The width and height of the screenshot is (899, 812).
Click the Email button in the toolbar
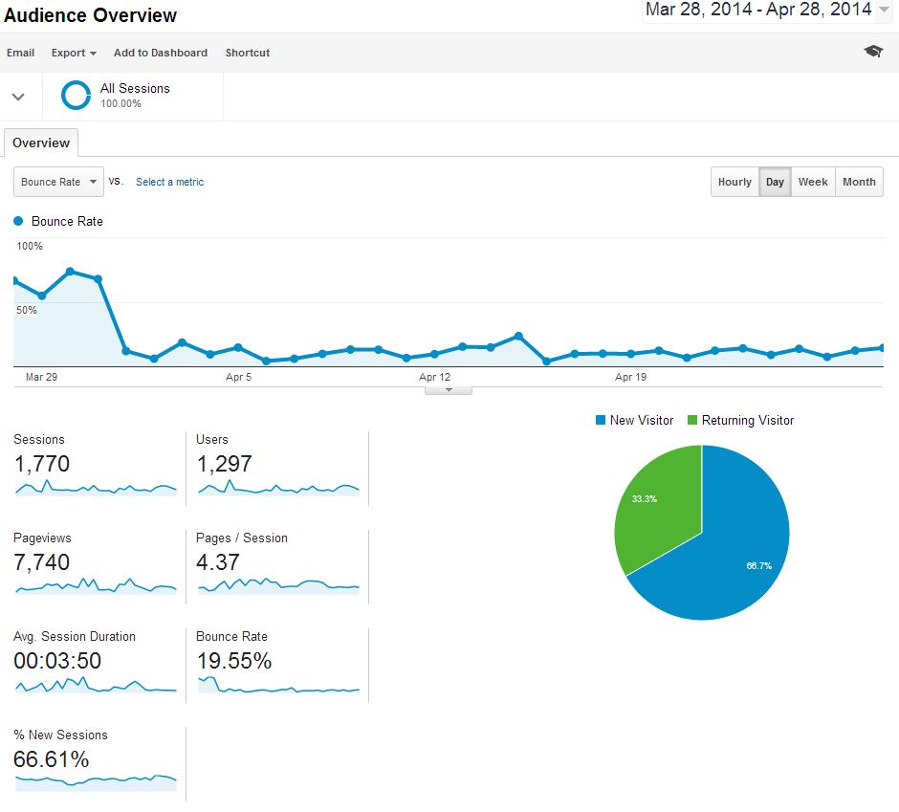point(20,53)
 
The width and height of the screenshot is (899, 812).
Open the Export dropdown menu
point(74,53)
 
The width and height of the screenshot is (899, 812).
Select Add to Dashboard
point(160,53)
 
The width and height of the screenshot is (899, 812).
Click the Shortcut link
point(248,53)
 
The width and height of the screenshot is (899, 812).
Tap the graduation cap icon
point(873,52)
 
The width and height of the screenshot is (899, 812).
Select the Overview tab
point(41,143)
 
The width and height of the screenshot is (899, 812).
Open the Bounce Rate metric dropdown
point(59,182)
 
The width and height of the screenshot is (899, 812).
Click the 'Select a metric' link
point(169,182)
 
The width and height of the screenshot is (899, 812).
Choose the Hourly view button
point(735,182)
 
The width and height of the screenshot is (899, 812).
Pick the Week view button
point(813,182)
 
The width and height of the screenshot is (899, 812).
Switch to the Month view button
point(859,182)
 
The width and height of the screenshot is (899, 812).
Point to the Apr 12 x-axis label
point(434,377)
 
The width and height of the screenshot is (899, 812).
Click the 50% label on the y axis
point(27,310)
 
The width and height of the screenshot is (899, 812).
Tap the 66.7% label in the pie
point(758,565)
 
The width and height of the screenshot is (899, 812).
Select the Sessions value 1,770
point(41,465)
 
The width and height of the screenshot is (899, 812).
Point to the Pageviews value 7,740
point(41,562)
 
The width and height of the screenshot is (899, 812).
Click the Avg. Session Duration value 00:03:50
point(57,661)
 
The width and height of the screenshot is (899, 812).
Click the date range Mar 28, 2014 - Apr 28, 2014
point(758,10)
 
